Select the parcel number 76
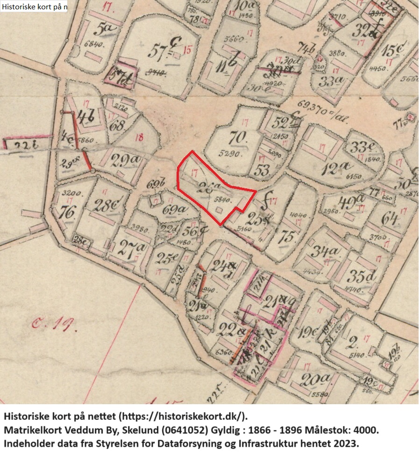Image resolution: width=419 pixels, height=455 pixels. (x=67, y=212)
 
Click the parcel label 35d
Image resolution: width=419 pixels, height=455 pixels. (x=363, y=276)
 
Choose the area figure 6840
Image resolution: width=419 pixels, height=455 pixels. (x=99, y=44)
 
